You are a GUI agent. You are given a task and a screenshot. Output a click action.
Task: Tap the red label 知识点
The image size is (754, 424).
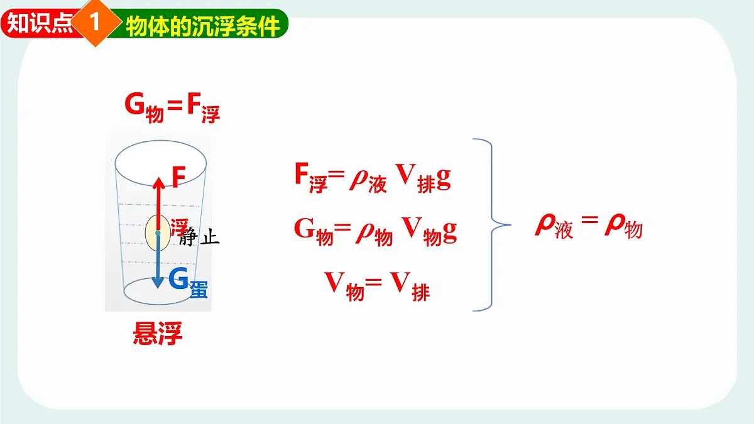pos(39,24)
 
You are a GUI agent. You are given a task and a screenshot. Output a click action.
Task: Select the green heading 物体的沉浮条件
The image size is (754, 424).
pos(202,26)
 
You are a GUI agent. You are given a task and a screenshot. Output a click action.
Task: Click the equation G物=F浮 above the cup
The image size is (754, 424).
pos(172,107)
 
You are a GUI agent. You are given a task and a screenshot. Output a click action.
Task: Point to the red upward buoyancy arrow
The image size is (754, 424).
pos(158,201)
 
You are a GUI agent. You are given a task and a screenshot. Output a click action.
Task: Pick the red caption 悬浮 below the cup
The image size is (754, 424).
pos(158,334)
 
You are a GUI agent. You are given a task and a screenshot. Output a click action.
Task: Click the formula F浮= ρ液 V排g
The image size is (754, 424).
pos(372,178)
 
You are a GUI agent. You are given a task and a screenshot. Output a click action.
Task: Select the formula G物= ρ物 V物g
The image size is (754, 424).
pos(375,231)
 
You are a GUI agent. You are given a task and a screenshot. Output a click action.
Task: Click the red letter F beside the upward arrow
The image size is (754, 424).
pos(178,178)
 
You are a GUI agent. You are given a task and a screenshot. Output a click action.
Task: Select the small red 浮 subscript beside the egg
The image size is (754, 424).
pos(179,226)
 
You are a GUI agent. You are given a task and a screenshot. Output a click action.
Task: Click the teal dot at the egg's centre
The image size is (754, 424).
pos(158,233)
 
